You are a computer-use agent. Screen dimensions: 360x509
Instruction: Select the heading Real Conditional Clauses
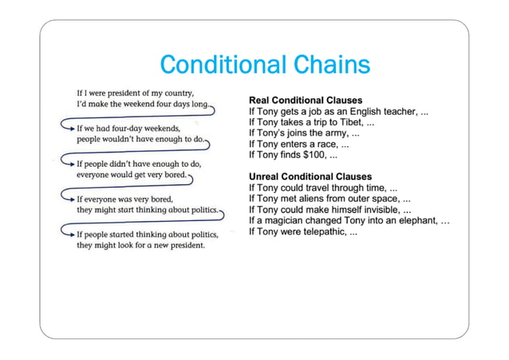click(x=306, y=100)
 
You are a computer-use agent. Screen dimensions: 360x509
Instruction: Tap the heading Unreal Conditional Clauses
click(x=310, y=176)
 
